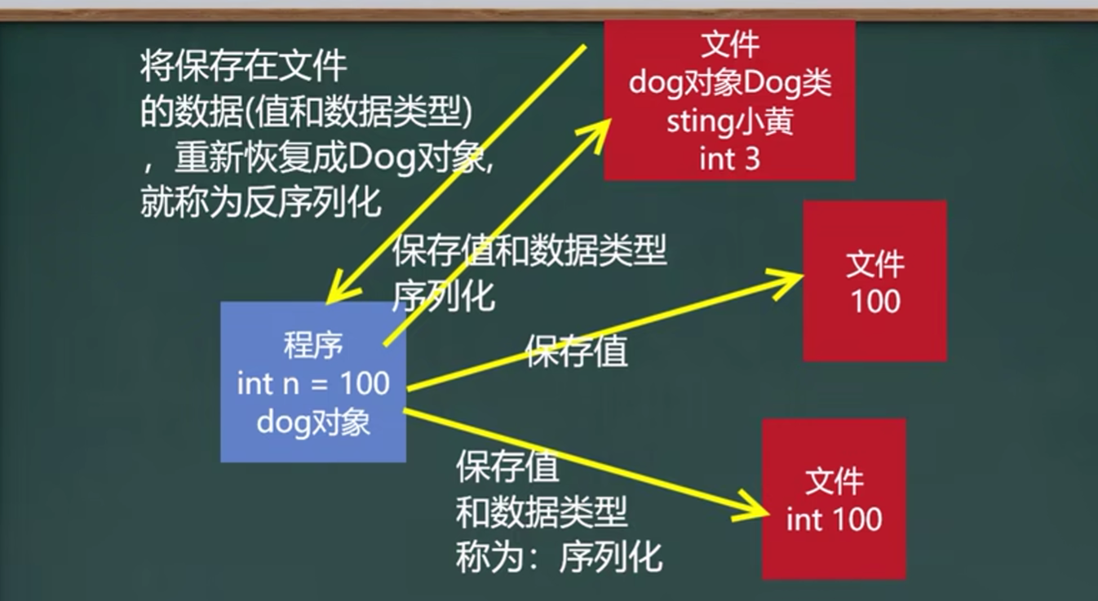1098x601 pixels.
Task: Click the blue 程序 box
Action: tap(313, 382)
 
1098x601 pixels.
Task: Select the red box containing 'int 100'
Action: tap(834, 498)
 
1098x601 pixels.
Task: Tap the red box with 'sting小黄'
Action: tap(729, 100)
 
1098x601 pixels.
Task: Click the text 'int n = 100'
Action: tap(313, 383)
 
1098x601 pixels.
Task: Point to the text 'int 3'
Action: tap(729, 159)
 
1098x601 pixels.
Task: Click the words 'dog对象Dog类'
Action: tap(729, 83)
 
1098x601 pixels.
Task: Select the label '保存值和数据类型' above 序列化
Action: tap(529, 250)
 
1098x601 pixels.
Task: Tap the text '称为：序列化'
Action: tap(559, 557)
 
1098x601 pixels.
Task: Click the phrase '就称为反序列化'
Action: tap(260, 201)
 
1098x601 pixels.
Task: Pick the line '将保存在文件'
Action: tap(243, 66)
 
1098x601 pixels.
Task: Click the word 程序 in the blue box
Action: tap(313, 345)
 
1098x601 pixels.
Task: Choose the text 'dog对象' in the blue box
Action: tap(313, 422)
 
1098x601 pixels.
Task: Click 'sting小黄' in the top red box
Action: tap(729, 122)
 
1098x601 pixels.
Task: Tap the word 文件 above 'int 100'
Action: tap(835, 481)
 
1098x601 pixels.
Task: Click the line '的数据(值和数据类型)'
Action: tap(307, 112)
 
